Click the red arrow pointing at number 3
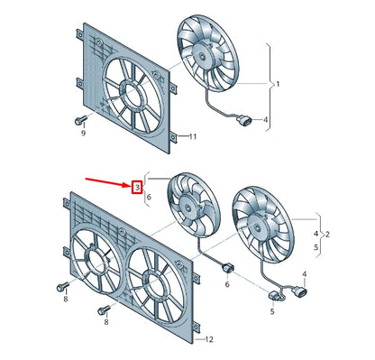click(x=108, y=182)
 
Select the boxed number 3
click(x=137, y=188)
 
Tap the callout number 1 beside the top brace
click(x=278, y=84)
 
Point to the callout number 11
click(x=191, y=137)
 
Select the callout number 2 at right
click(x=325, y=234)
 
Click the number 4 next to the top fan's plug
click(x=265, y=119)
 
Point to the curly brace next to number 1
click(x=269, y=83)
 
